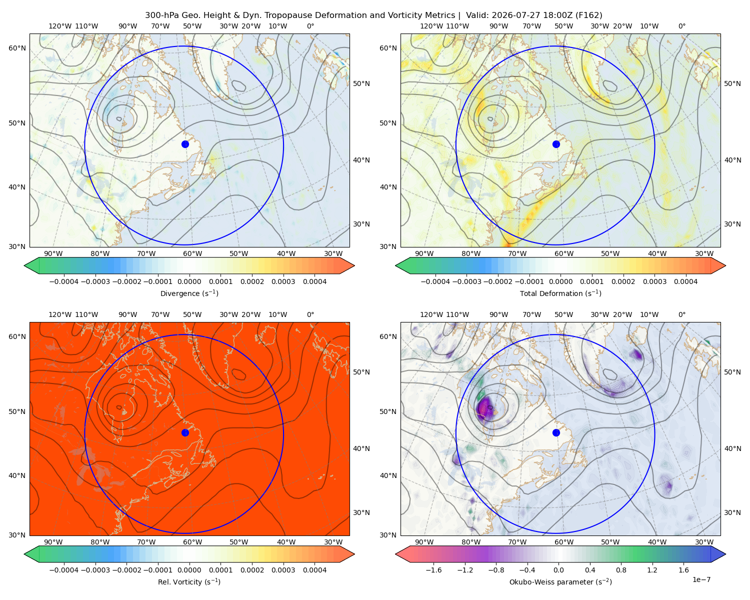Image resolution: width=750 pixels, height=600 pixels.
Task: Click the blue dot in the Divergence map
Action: tap(185, 144)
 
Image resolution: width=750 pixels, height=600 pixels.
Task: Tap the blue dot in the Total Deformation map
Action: tap(556, 144)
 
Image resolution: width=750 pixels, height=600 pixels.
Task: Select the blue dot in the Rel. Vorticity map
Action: tap(185, 432)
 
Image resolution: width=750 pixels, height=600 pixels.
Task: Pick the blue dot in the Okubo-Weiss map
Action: tap(556, 432)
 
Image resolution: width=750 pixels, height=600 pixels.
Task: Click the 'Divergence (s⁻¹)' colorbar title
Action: tap(189, 293)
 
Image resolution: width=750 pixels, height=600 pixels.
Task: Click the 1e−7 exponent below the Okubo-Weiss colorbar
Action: tap(701, 579)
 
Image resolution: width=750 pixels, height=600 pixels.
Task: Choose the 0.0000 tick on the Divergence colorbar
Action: tap(189, 281)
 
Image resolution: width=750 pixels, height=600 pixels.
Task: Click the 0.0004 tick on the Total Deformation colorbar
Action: tap(685, 281)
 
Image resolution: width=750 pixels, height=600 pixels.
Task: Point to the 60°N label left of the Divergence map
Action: tap(17, 48)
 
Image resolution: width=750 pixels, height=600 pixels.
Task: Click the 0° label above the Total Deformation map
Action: tap(681, 26)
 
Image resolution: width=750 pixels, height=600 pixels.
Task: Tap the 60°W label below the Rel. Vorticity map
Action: tap(192, 542)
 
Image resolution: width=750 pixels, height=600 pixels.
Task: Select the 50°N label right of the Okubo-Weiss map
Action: tap(732, 372)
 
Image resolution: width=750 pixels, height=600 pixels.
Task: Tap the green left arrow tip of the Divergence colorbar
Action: tap(24, 265)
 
